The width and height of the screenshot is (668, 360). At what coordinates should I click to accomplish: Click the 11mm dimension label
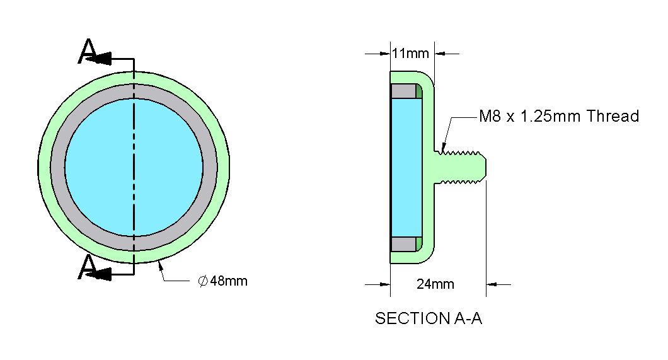(410, 54)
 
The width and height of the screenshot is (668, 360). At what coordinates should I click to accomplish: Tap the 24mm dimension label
(435, 284)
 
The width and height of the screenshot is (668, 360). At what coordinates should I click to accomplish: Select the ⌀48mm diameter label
(223, 281)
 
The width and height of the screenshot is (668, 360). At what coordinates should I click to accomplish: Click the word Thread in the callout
(613, 116)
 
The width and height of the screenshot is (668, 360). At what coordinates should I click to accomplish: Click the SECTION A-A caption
(428, 318)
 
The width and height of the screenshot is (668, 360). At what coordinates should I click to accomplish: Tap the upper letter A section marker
(88, 51)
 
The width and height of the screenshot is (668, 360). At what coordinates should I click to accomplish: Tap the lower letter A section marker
(88, 267)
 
